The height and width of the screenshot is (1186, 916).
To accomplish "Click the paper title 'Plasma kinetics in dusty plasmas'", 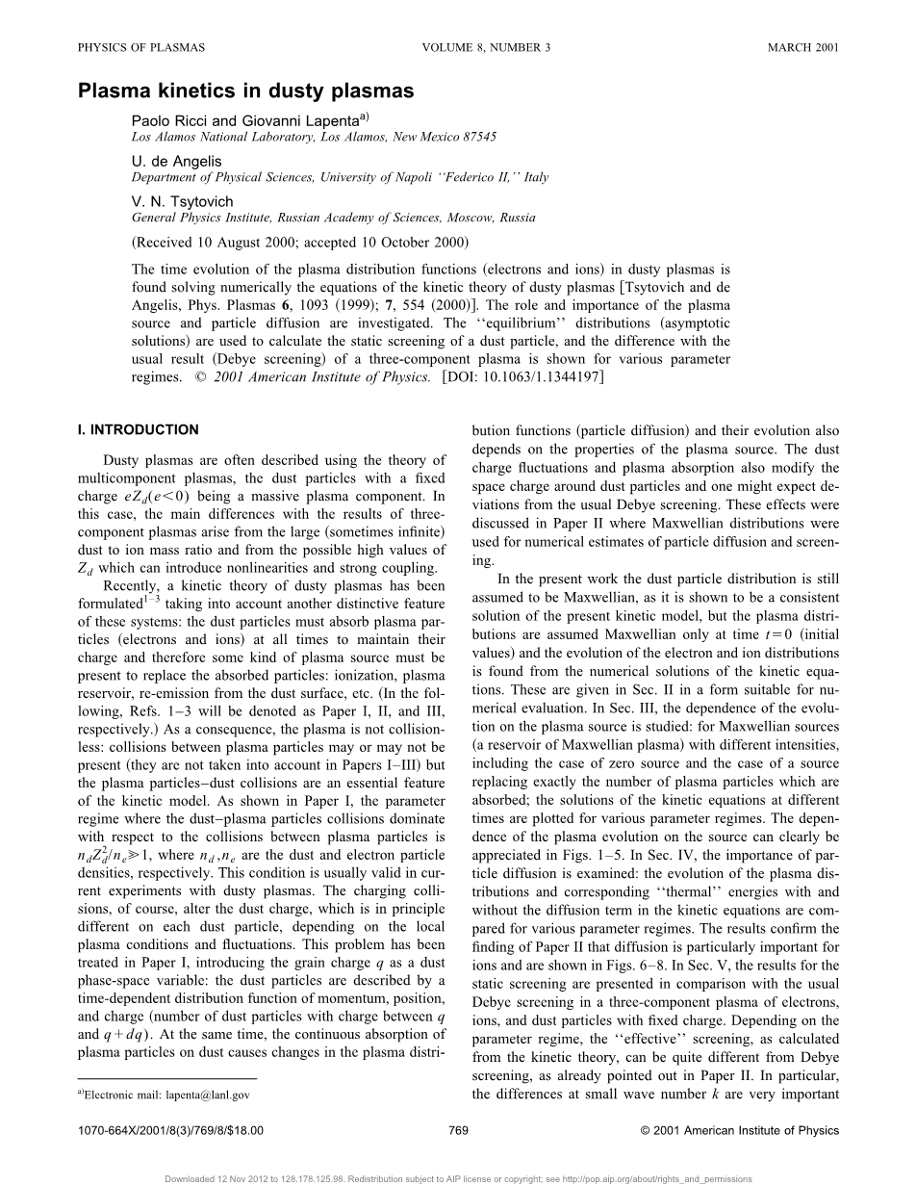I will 245,91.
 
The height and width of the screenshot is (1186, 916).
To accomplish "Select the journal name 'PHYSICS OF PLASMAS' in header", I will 140,47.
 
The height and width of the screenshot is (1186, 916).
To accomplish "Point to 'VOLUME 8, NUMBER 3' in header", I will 486,47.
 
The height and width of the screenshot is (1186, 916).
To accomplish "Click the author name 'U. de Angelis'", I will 176,161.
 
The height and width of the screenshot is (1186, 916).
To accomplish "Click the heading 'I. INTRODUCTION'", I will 138,430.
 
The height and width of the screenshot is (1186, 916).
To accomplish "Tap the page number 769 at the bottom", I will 458,1130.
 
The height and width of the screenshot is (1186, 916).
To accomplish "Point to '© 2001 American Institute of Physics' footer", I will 739,1130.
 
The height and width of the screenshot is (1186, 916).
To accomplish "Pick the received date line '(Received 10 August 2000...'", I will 299,242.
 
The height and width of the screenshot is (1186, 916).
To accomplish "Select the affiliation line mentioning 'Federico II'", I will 340,177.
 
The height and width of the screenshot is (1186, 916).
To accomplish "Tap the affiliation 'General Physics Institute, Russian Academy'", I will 333,218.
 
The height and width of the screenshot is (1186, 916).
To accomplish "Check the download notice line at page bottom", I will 458,1178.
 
